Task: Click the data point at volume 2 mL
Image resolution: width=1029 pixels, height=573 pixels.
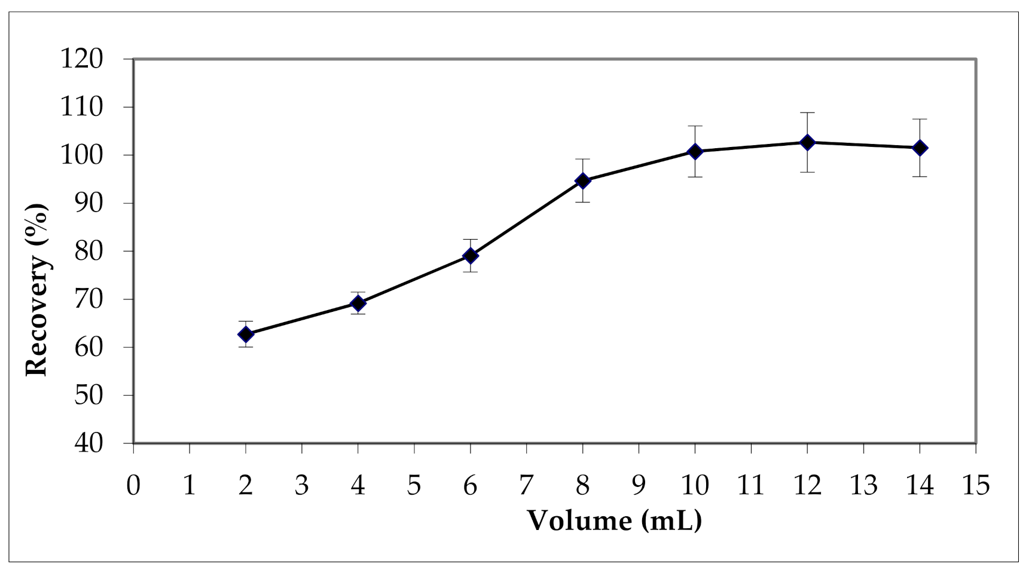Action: [246, 334]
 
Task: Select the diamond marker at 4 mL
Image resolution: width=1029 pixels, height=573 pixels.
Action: [358, 304]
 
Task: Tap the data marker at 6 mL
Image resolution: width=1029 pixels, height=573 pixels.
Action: [471, 256]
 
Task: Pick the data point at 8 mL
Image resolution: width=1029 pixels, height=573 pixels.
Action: [583, 180]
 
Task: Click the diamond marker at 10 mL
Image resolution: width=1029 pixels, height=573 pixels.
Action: [695, 151]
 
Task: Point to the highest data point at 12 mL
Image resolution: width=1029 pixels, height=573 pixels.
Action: [807, 142]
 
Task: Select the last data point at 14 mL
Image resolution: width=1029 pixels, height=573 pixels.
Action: [920, 148]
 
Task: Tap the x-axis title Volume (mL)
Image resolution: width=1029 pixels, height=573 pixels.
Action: [614, 520]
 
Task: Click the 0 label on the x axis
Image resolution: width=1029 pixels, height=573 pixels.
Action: [133, 485]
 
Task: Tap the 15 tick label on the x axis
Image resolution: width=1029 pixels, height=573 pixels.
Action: [975, 485]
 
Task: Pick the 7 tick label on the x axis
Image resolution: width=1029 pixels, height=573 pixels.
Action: [527, 485]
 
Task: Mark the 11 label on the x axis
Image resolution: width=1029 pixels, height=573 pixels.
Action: [751, 485]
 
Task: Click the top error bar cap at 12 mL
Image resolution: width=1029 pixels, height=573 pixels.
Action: [807, 112]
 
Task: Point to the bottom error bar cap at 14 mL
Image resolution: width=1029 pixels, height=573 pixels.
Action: [920, 176]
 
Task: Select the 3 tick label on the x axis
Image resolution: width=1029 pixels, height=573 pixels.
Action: [302, 485]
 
